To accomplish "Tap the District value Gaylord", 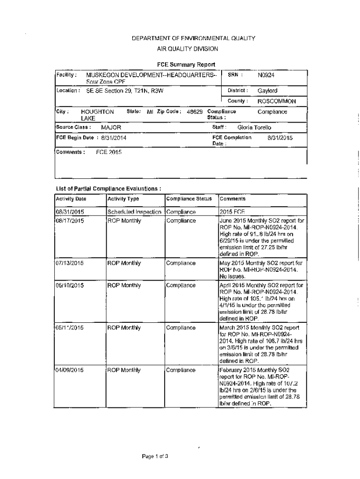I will (x=267, y=91).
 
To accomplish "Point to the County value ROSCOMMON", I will (x=277, y=101).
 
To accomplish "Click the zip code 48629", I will (x=194, y=112).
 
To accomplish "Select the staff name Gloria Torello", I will (x=254, y=127).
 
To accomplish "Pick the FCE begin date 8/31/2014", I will (x=114, y=138).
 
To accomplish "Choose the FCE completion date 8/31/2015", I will (x=280, y=138).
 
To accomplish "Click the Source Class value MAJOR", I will (x=111, y=127).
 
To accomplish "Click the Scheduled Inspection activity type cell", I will (x=135, y=212).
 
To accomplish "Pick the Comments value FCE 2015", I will (x=108, y=152).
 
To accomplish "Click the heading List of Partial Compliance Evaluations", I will (x=108, y=189).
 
